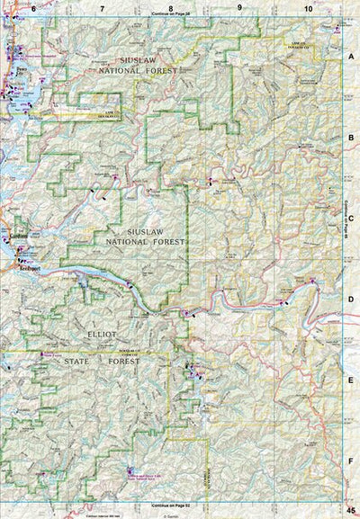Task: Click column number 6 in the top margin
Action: (33, 8)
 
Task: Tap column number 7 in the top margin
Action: (103, 8)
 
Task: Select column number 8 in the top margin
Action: (170, 8)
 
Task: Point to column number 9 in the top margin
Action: (239, 8)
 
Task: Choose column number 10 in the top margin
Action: (309, 8)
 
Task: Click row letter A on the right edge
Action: (352, 55)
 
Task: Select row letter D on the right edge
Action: (352, 300)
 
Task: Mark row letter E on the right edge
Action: (352, 380)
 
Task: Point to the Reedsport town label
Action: (21, 268)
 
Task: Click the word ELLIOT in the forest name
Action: (101, 334)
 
